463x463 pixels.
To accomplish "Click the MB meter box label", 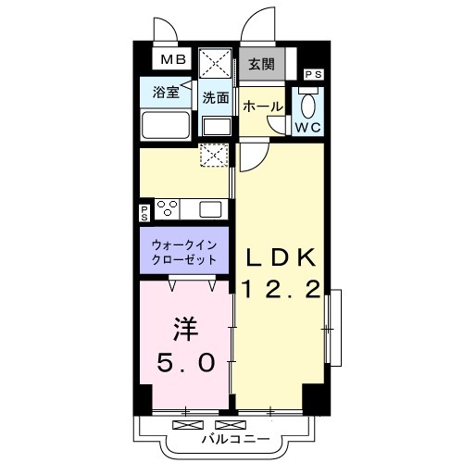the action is pos(173,59).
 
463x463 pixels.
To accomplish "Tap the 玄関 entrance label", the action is pos(261,65).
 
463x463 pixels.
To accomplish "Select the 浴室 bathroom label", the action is pos(166,92).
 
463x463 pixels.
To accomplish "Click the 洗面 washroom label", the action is pos(216,98).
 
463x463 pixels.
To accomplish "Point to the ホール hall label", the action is pos(263,106).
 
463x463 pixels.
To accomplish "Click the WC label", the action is pos(308,127).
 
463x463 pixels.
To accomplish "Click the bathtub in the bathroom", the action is pos(166,125).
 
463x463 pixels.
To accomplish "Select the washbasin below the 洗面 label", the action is pos(217,127).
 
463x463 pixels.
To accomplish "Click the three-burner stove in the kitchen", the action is pos(168,208).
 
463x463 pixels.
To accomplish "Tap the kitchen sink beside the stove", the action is pos(210,209).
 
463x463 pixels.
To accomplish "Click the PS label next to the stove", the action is pos(144,213).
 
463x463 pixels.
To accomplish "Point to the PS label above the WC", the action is pos(314,74).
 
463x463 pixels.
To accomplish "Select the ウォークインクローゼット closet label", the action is pos(184,253).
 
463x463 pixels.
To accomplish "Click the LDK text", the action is pos(282,257).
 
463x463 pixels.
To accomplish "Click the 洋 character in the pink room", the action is pos(185,329).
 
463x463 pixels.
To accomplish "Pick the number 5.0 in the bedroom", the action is pos(185,363).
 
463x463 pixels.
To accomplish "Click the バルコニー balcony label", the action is pos(235,439).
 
